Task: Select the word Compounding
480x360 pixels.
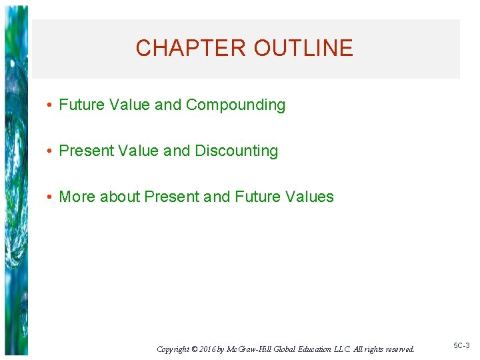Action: pyautogui.click(x=235, y=105)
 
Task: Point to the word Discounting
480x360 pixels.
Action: pyautogui.click(x=236, y=151)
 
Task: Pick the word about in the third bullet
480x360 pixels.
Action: pyautogui.click(x=120, y=197)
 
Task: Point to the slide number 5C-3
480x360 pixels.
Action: pyautogui.click(x=461, y=345)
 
